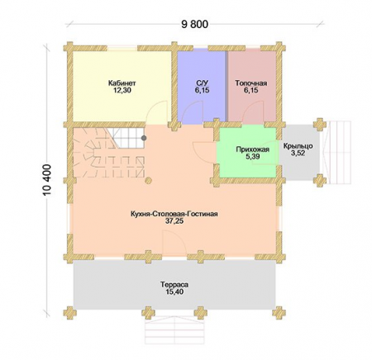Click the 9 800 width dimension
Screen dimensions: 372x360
(194, 25)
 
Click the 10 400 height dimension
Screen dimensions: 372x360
(47, 180)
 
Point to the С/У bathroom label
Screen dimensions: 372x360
(202, 83)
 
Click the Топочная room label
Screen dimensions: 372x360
(251, 83)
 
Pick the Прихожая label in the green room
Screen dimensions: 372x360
(252, 149)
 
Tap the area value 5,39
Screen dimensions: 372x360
(252, 157)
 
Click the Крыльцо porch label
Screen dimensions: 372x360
(298, 146)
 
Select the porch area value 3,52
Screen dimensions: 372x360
(298, 154)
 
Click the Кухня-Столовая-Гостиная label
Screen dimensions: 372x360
(174, 214)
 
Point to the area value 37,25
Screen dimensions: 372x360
(174, 221)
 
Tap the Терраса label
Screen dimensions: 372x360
(174, 285)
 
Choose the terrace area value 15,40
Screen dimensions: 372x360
(174, 291)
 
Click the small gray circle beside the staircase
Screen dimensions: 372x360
(144, 138)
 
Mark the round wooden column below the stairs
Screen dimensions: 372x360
(149, 181)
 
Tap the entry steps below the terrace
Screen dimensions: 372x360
(174, 330)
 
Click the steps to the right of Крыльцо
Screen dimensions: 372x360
(337, 152)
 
